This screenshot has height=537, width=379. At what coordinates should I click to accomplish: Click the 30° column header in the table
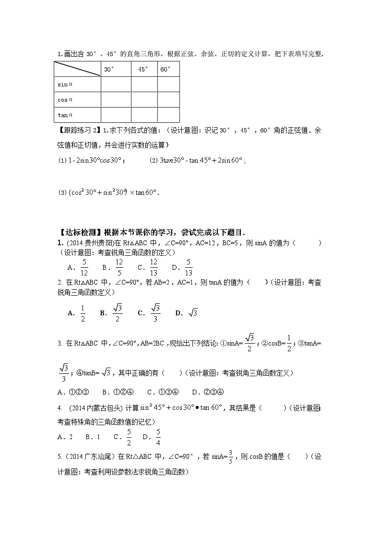click(x=109, y=70)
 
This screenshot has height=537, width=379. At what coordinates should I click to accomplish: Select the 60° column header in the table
click(x=165, y=70)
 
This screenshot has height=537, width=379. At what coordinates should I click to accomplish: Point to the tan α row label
click(x=65, y=115)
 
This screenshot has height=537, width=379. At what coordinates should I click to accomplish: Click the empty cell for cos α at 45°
click(x=144, y=99)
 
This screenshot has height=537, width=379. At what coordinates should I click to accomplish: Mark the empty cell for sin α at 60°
click(x=168, y=84)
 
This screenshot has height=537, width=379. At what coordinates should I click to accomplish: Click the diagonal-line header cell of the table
click(x=77, y=69)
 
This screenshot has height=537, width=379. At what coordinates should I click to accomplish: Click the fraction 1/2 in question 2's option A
click(x=82, y=313)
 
